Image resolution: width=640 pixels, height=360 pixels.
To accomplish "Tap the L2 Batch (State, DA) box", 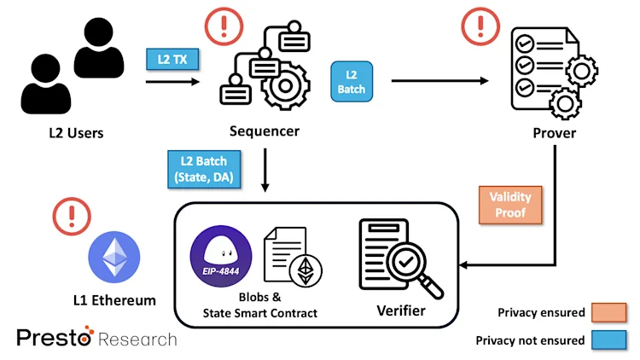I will (204, 170).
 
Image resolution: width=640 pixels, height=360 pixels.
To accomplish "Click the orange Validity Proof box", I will (510, 204).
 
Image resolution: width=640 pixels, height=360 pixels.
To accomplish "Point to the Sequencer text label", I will (265, 131).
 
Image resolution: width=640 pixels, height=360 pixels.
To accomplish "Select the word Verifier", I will (400, 311).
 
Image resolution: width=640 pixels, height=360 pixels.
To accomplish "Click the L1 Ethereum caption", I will (114, 299).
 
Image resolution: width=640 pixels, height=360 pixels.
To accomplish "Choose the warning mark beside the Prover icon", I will (480, 28).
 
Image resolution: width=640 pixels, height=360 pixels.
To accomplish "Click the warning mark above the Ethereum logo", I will (72, 218).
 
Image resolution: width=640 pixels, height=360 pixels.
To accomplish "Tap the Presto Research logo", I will (96, 338).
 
